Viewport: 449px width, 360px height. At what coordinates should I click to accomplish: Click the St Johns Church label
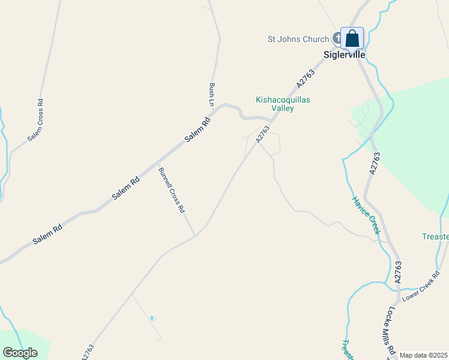point(298,40)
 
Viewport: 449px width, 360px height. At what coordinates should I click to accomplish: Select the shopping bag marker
point(352,39)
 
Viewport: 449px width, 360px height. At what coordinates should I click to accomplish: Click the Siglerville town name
point(341,55)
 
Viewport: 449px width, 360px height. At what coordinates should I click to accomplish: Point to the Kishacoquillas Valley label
point(283,104)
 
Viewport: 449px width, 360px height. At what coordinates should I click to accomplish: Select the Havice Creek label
point(366,215)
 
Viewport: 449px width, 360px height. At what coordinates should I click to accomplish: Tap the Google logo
point(20,353)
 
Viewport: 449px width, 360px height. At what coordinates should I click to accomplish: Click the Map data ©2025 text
point(423,355)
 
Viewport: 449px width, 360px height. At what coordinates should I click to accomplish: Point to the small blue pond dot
point(152,317)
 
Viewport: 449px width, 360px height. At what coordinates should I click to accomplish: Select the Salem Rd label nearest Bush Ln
point(197,129)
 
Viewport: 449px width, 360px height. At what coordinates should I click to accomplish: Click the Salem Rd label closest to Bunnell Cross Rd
point(125,188)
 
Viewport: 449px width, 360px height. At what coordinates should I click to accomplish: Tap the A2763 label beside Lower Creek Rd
point(397,272)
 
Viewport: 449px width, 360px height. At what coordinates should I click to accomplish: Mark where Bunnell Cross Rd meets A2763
point(195,235)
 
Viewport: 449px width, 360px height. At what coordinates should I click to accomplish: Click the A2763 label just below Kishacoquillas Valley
point(263,134)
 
